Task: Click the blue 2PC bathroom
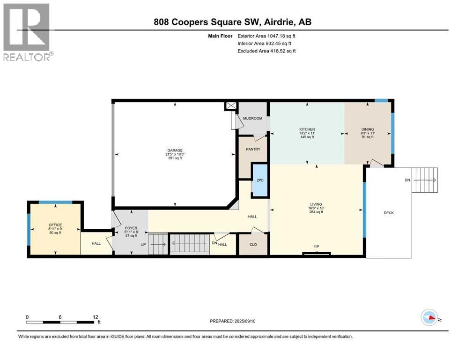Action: tap(259, 180)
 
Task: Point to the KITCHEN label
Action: tap(307, 129)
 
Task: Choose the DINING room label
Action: tap(368, 129)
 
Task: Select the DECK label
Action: tap(389, 213)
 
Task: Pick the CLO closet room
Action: tap(253, 244)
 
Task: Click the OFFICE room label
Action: tap(55, 225)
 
